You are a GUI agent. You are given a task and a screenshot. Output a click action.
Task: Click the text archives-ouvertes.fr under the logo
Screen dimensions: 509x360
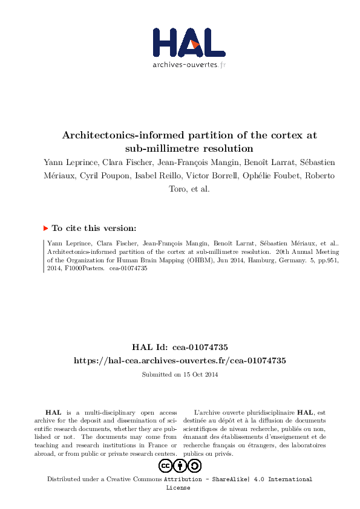189,64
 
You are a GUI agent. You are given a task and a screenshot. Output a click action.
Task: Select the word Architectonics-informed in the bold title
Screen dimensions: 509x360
119,135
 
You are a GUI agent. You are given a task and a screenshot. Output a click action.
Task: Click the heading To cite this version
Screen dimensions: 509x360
94,228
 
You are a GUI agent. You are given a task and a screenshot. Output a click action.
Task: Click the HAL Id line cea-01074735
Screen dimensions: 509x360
180,347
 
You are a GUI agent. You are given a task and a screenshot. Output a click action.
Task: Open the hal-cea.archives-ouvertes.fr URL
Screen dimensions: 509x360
180,360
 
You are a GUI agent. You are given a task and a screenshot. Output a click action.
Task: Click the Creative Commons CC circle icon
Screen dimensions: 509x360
165,466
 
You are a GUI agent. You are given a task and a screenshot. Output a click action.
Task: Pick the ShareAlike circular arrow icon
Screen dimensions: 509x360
194,466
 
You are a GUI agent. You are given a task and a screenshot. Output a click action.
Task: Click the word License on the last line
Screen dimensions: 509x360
178,487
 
